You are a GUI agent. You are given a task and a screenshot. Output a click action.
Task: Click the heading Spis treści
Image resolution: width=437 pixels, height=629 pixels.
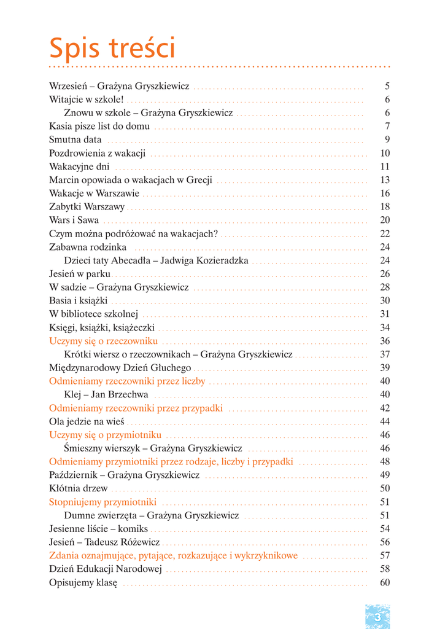(112, 49)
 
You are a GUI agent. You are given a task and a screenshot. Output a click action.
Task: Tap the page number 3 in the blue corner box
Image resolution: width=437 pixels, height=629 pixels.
(377, 617)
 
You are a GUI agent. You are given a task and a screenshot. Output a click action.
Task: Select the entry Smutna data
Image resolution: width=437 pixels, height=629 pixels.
(75, 140)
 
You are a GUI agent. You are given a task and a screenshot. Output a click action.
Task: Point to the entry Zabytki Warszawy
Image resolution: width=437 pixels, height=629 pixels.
(87, 207)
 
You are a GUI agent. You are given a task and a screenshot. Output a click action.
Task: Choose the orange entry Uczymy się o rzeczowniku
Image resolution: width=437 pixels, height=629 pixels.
(103, 341)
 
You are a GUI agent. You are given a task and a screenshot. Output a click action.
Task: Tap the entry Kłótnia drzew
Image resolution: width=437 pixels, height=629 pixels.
(78, 488)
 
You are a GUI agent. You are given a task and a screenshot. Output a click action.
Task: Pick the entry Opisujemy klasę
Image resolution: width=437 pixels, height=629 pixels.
(83, 582)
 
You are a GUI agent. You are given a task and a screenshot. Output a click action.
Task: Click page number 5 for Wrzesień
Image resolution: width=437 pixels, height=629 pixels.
(387, 87)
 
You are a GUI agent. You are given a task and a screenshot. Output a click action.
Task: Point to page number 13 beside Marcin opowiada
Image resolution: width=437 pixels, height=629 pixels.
(385, 180)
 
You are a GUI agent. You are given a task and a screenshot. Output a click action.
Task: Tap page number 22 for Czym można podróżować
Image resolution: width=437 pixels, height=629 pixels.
(385, 233)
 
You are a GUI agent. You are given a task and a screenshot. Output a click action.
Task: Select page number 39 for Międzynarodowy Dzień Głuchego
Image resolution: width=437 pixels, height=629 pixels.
(385, 368)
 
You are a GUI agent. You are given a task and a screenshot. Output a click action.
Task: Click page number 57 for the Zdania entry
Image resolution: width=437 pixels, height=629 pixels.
(385, 555)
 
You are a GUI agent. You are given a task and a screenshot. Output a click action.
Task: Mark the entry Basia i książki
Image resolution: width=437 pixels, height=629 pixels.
(78, 301)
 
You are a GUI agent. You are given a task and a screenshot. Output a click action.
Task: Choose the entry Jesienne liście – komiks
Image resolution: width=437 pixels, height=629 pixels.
(98, 529)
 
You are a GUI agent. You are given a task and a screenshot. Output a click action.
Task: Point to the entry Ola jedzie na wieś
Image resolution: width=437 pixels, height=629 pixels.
(87, 421)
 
